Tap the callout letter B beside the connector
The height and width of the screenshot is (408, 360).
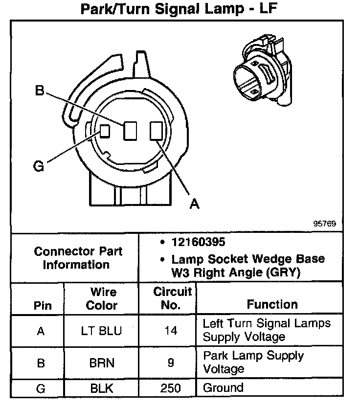coord(40,91)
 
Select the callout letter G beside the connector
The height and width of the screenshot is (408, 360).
coord(39,166)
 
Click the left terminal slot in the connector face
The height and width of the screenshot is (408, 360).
coord(105,131)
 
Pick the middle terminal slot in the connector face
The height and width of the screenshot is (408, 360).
coord(130,131)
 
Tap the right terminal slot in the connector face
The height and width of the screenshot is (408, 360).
coord(156,131)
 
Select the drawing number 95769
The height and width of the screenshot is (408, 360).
coord(325,224)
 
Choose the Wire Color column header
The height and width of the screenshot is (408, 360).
coord(102,299)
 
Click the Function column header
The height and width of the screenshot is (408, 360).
coord(272,304)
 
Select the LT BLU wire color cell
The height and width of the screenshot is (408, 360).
coord(102,331)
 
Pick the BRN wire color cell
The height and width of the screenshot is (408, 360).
coord(102,363)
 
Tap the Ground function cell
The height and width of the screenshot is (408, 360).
coord(223,388)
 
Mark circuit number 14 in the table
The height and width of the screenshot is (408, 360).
coord(171,331)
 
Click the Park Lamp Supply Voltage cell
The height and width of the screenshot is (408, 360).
coord(253,362)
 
